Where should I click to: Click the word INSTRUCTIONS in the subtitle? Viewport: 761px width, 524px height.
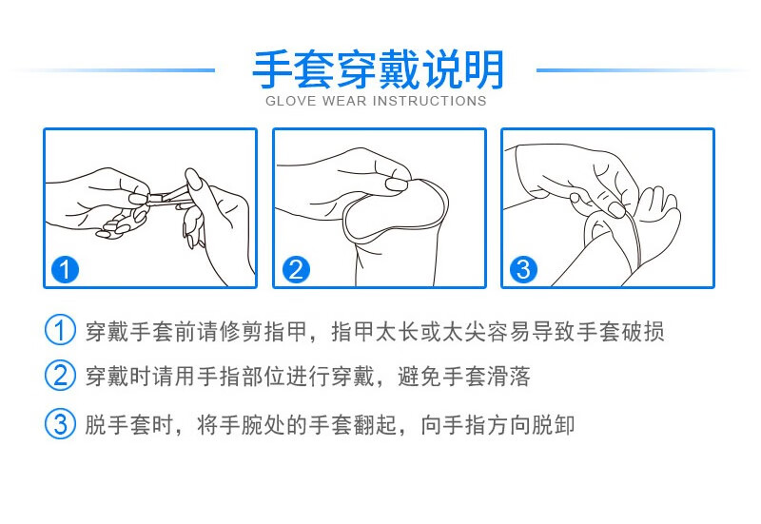pyautogui.click(x=429, y=101)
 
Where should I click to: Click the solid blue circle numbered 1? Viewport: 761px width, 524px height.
pyautogui.click(x=65, y=269)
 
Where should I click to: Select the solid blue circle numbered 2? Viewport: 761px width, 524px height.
pyautogui.click(x=296, y=269)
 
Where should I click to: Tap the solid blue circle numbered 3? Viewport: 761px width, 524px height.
pyautogui.click(x=523, y=269)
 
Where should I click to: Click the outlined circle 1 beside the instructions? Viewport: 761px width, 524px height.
pyautogui.click(x=60, y=330)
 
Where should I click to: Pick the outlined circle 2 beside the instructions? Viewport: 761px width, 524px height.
pyautogui.click(x=60, y=375)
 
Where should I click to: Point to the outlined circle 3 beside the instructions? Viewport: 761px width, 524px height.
pyautogui.click(x=60, y=423)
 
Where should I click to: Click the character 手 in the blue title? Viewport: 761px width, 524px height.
pyautogui.click(x=273, y=69)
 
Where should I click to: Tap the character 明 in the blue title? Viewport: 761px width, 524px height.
pyautogui.click(x=484, y=69)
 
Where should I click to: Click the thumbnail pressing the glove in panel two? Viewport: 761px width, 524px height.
pyautogui.click(x=396, y=184)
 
